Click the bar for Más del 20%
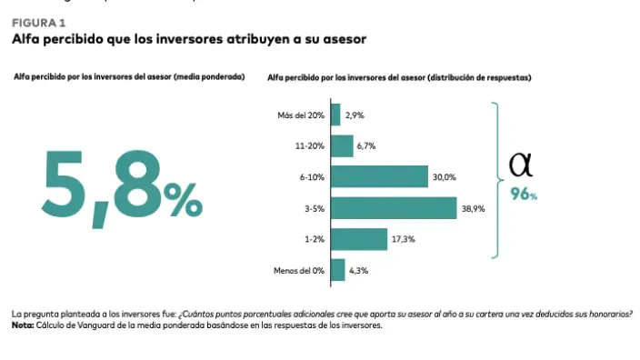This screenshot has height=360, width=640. tap(335, 115)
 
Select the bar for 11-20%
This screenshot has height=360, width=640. tap(342, 146)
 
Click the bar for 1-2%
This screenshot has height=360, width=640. tap(358, 239)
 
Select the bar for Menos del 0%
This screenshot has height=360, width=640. tap(337, 270)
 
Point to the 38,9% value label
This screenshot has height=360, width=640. tap(473, 209)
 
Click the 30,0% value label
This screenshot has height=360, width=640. tap(444, 177)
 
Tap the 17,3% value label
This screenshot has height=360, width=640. tap(402, 240)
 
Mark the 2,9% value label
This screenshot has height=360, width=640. tap(354, 115)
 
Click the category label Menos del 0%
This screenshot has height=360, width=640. tap(299, 271)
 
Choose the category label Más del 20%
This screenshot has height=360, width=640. tap(301, 115)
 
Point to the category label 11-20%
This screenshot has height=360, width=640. tap(309, 146)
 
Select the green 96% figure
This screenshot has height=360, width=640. tap(524, 194)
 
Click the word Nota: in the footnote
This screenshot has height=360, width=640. tap(22, 325)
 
